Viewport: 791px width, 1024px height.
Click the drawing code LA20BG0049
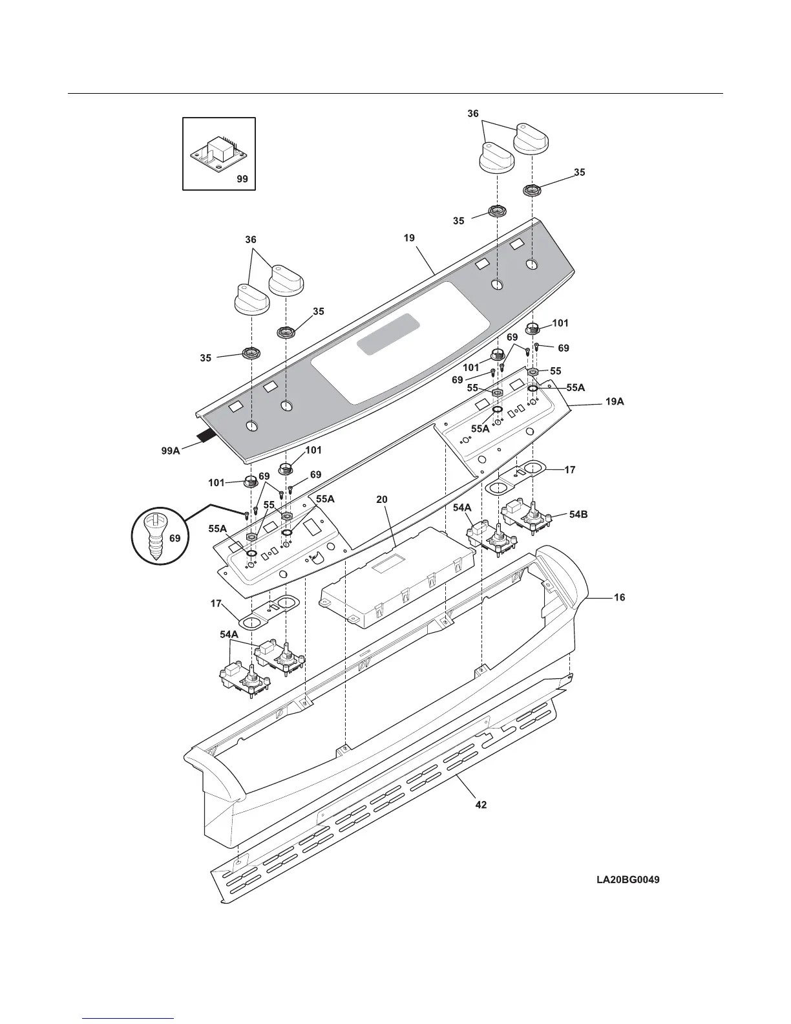point(628,880)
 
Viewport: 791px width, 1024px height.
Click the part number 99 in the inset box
point(242,179)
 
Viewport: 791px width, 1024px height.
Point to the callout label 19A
point(615,401)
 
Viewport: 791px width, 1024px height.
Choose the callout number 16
point(619,598)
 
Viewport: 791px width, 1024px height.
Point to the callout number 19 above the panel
point(409,238)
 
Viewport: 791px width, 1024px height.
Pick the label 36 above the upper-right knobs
point(473,114)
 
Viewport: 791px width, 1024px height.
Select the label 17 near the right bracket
point(570,470)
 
